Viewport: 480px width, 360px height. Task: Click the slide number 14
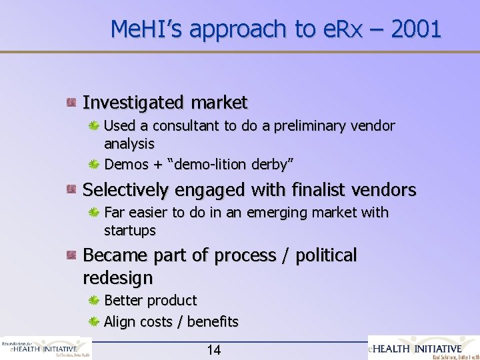pos(214,350)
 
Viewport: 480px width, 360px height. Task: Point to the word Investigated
pos(133,103)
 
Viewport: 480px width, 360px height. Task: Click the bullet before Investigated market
pos(70,103)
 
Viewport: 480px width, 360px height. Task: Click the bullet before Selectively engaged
pos(70,190)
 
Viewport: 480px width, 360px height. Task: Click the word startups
pos(130,231)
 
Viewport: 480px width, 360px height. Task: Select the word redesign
pos(118,277)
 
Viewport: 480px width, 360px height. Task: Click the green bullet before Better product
pos(95,301)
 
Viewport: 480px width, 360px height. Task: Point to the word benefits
pos(213,322)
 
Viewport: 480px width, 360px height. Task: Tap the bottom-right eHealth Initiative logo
pos(424,347)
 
